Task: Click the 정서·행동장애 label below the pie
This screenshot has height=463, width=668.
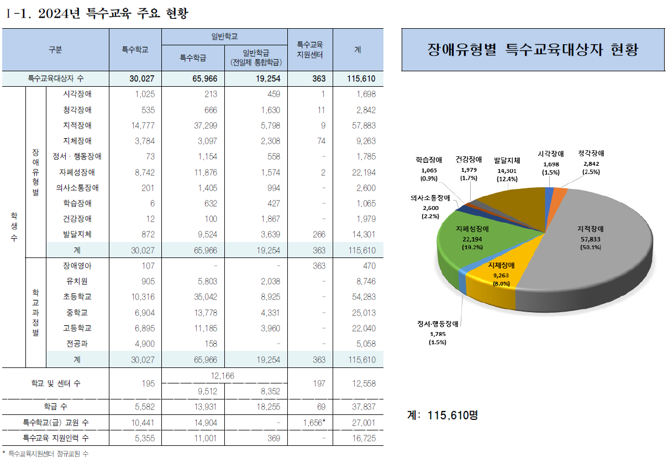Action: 440,324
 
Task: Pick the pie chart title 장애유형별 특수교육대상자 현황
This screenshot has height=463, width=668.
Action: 533,50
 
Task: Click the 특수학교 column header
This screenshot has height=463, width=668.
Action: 135,50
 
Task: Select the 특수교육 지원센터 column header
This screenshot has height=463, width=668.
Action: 310,50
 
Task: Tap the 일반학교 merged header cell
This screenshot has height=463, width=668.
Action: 224,36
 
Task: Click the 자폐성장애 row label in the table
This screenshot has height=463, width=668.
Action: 77,172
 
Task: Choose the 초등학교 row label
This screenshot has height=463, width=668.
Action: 77,297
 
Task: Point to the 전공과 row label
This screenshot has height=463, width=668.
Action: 77,344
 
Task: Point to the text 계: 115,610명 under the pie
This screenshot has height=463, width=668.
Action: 442,414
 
